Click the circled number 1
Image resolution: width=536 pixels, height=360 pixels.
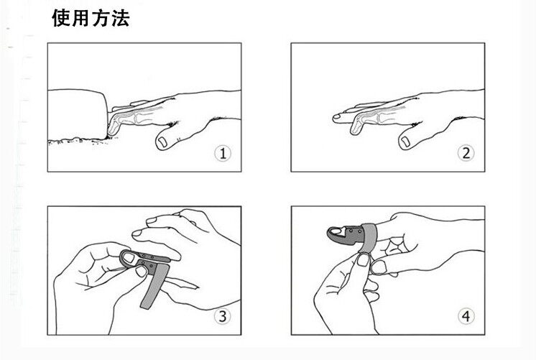click(223, 153)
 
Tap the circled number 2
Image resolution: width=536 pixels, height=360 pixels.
click(466, 153)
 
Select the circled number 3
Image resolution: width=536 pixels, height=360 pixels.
click(223, 316)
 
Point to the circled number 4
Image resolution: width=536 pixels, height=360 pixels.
click(466, 316)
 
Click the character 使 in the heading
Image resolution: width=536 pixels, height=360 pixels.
click(62, 18)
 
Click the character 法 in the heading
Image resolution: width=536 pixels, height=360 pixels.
click(120, 18)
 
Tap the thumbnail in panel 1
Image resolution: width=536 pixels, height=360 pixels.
click(162, 142)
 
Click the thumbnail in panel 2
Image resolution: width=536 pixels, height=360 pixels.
click(405, 141)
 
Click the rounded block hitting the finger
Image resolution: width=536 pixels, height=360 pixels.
click(78, 114)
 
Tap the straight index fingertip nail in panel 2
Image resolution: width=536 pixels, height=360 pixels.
click(337, 116)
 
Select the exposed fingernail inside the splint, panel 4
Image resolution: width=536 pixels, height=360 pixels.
click(338, 231)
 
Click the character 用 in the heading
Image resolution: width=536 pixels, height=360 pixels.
click(81, 18)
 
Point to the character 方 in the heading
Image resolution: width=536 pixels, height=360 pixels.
click(101, 18)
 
